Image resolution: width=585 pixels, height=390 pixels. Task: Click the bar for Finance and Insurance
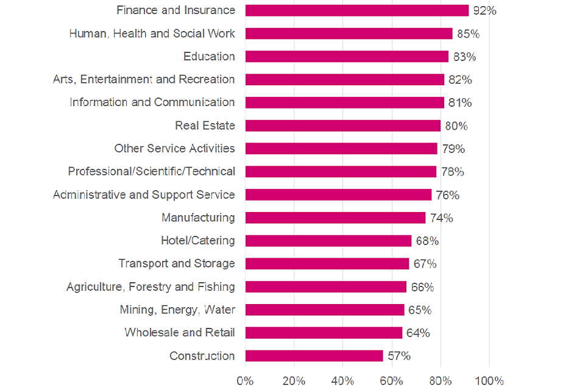(x=356, y=10)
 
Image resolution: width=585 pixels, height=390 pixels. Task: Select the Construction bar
(x=314, y=356)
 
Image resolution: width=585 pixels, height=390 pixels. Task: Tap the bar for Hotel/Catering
(x=328, y=241)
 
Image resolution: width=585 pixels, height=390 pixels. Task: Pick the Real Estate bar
(x=342, y=126)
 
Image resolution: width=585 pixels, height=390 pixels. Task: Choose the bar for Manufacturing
(x=335, y=218)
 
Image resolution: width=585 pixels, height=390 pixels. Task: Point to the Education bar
(x=346, y=57)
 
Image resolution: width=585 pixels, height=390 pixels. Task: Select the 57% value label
(x=399, y=356)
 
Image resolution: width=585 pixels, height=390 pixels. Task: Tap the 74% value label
(x=441, y=218)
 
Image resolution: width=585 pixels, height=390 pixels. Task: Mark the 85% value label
(x=467, y=34)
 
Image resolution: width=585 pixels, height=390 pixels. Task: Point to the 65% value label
(x=419, y=310)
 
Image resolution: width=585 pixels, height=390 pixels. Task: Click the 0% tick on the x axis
(x=245, y=381)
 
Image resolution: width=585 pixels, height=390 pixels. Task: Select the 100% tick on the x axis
(x=489, y=381)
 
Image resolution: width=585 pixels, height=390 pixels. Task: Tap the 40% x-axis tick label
(x=342, y=381)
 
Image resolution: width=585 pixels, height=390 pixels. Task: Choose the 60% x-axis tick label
(x=391, y=381)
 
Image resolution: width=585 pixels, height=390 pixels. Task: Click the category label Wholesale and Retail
(x=180, y=333)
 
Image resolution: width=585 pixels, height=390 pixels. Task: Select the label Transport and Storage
(x=177, y=264)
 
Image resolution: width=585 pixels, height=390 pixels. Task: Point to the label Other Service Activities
(x=174, y=149)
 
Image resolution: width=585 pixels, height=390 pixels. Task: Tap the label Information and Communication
(x=152, y=102)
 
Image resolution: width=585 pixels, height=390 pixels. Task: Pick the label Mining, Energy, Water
(x=177, y=310)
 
